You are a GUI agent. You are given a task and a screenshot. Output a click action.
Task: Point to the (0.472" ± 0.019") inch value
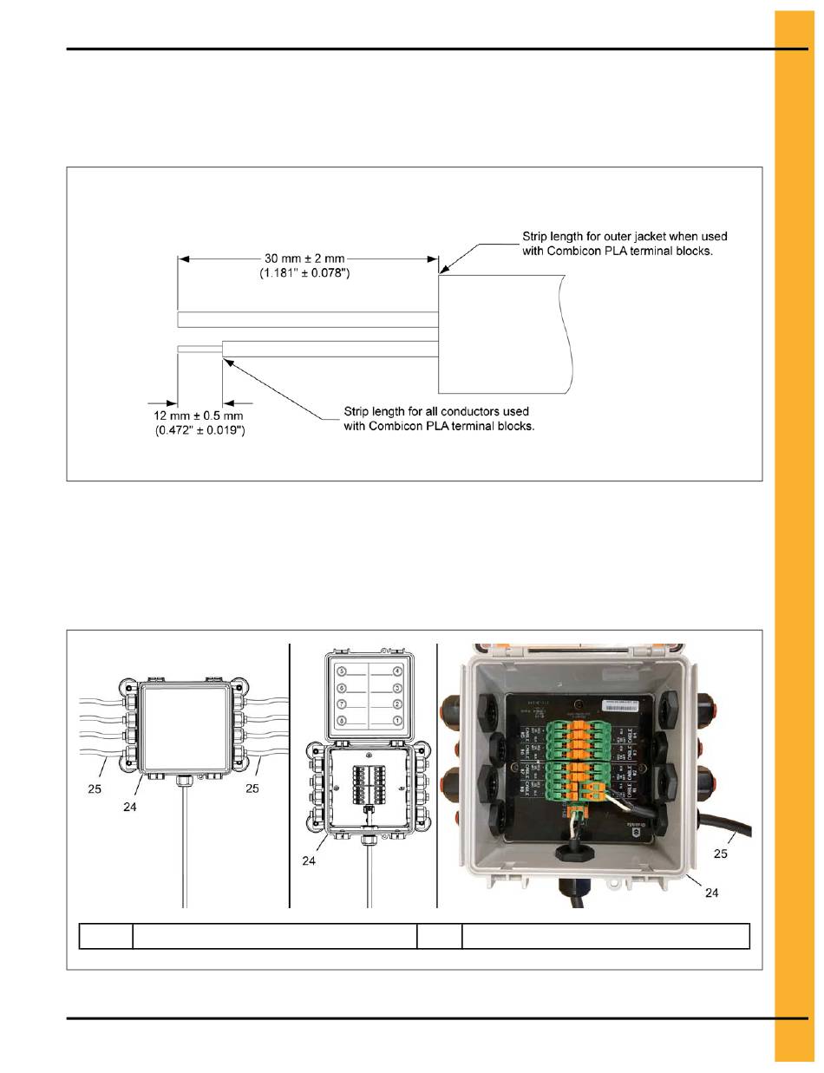click(x=199, y=429)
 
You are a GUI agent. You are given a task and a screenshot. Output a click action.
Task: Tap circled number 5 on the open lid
click(x=342, y=671)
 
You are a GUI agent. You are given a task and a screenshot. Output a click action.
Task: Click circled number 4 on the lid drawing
click(x=398, y=671)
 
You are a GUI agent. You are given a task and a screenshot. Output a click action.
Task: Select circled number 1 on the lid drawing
click(x=398, y=720)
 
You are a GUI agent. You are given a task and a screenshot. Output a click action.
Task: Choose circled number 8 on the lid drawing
click(x=342, y=720)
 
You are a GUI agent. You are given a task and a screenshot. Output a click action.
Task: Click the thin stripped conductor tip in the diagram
click(x=199, y=349)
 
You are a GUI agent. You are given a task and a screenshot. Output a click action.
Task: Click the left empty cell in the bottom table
click(x=105, y=936)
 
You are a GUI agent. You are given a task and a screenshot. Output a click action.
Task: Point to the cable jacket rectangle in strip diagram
click(x=503, y=334)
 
